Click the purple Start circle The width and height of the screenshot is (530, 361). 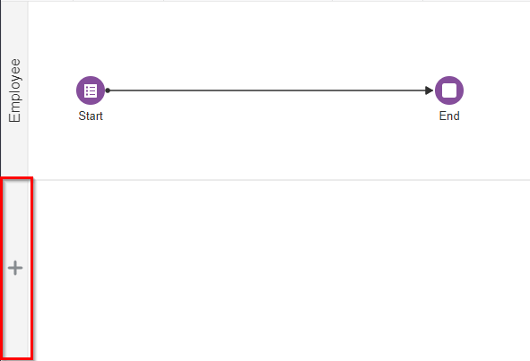(91, 90)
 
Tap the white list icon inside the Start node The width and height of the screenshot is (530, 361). (91, 90)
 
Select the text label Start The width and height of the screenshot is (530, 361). (91, 116)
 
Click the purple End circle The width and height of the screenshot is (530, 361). (449, 90)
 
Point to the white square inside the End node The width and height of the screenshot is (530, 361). (449, 90)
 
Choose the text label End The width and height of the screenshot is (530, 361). (449, 116)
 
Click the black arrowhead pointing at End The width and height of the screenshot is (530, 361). (430, 90)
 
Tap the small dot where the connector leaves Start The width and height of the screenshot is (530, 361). (108, 90)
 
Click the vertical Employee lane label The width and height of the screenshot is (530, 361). (15, 90)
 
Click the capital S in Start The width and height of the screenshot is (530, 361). (82, 116)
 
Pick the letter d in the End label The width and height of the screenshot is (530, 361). (456, 116)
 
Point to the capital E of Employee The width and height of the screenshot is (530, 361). (14, 118)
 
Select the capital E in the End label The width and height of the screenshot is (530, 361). (442, 116)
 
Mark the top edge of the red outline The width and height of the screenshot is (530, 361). (18, 178)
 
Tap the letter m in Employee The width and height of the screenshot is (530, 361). (16, 107)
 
